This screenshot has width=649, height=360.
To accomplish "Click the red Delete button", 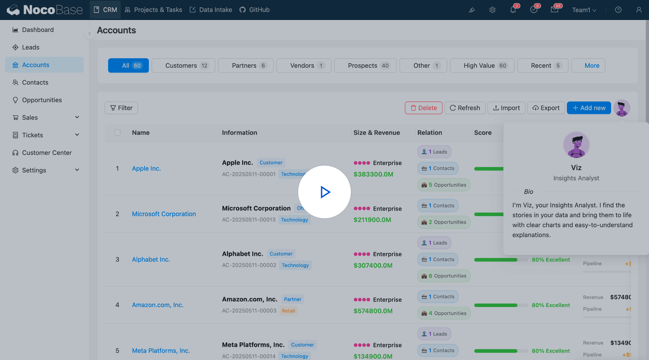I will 423,108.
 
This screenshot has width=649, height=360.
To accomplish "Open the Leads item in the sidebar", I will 31,47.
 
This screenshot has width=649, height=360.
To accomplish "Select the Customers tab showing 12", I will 183,66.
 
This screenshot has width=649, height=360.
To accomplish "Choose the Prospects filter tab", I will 365,66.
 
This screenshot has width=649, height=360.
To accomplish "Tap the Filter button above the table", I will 121,108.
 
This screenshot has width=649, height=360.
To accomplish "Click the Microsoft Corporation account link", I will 164,214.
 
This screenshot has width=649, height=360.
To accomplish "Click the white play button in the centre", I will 324,192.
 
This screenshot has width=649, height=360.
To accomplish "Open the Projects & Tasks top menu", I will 154,10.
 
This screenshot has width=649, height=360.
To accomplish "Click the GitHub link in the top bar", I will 255,10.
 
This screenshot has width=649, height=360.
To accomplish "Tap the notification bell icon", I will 513,10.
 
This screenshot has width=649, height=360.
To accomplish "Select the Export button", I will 546,108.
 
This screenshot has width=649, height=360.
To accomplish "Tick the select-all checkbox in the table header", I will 118,133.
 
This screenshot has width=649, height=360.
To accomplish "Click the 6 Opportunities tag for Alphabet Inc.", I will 444,276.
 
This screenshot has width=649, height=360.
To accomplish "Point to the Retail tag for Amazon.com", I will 288,311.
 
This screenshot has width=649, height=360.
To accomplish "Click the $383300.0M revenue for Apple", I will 373,174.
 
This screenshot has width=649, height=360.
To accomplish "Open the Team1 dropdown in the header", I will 584,10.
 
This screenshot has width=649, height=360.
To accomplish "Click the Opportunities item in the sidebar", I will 42,100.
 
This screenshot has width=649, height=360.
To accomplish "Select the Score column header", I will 483,133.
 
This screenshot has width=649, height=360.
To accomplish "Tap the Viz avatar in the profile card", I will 576,145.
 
